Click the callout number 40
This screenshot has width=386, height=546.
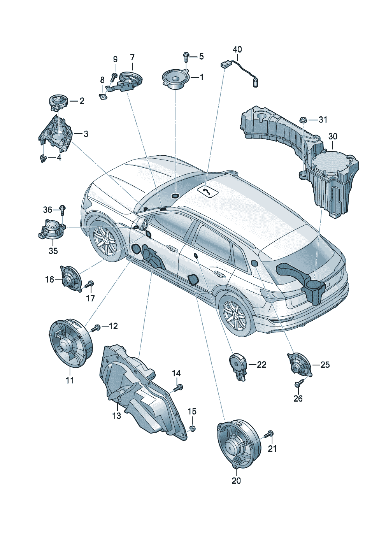point(237,49)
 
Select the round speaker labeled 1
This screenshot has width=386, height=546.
point(175,79)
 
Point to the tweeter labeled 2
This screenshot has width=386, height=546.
point(58,102)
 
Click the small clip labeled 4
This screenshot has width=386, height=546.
point(43,158)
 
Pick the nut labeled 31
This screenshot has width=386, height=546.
point(303,119)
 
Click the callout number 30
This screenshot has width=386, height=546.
point(333,137)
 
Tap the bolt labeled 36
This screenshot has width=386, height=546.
point(62,210)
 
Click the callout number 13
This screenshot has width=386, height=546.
point(117,416)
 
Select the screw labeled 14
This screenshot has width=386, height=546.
point(178,388)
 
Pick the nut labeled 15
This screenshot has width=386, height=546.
point(192,428)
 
